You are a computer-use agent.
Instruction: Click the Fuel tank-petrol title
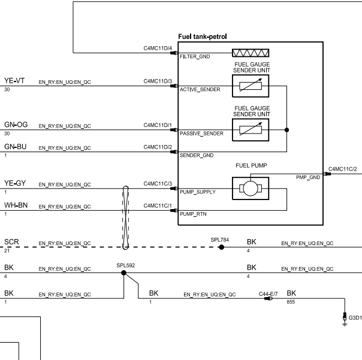[203, 37]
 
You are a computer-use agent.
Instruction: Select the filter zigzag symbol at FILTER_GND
[251, 53]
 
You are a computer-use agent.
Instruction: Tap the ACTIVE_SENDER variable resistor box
[251, 86]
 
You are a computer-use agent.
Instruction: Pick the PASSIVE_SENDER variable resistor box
[251, 130]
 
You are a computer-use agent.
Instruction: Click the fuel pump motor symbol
[251, 189]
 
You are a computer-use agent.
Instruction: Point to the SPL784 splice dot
[221, 247]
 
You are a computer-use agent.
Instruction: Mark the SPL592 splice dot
[123, 273]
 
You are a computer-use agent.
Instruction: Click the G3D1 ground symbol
[345, 319]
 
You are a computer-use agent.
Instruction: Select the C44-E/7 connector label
[268, 294]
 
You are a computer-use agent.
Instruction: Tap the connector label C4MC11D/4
[158, 49]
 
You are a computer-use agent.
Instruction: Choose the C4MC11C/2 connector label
[342, 169]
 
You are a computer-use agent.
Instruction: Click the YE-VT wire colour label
[14, 81]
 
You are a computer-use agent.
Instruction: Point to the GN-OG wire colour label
[16, 125]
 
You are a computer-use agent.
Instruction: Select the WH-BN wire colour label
[16, 205]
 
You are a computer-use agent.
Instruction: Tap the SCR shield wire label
[11, 242]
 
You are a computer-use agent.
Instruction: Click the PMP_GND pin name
[308, 177]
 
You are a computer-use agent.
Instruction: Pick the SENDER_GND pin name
[197, 155]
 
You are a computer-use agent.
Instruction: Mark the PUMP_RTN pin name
[193, 214]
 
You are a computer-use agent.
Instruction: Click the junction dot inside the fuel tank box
[286, 130]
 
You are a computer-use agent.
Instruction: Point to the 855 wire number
[291, 302]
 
